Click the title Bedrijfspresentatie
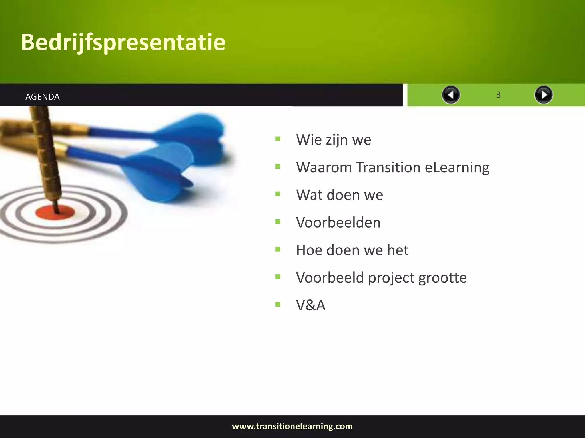123,42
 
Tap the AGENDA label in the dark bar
42,97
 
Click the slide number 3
498,95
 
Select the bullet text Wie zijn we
333,140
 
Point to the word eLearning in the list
457,167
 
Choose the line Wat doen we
339,195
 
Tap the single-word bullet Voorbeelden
338,222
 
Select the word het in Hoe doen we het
398,250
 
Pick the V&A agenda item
310,305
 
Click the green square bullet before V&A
278,304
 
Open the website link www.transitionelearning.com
292,426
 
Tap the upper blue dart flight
197,134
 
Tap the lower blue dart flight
160,171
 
